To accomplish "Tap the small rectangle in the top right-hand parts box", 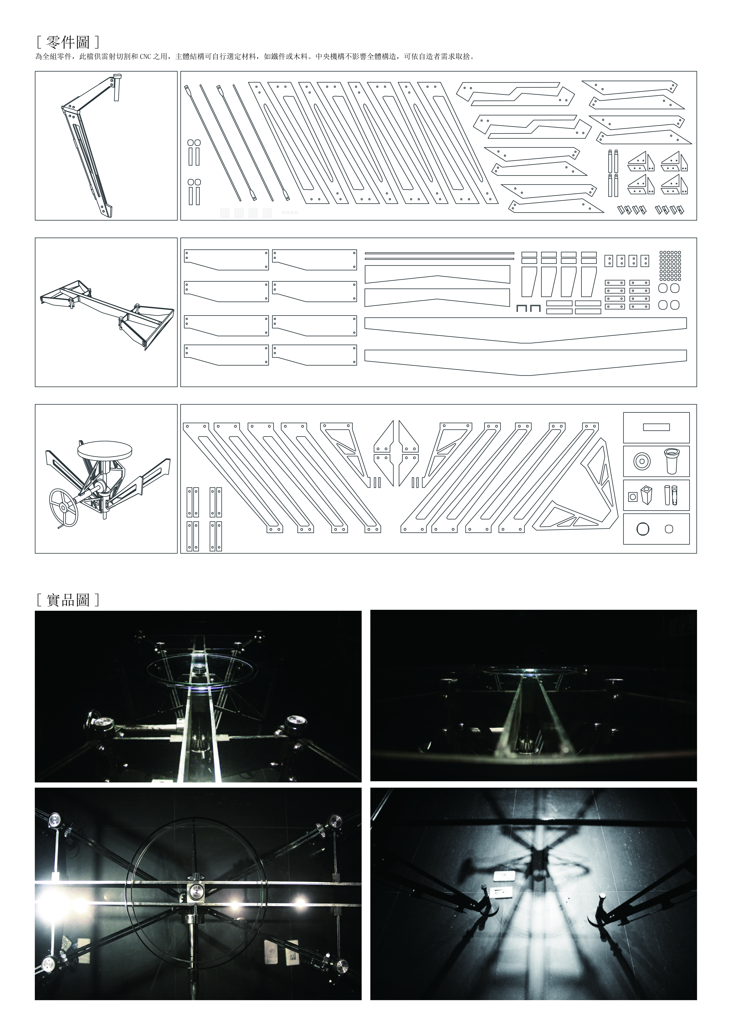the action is (x=656, y=427).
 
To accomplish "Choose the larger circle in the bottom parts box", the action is (x=643, y=529).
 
